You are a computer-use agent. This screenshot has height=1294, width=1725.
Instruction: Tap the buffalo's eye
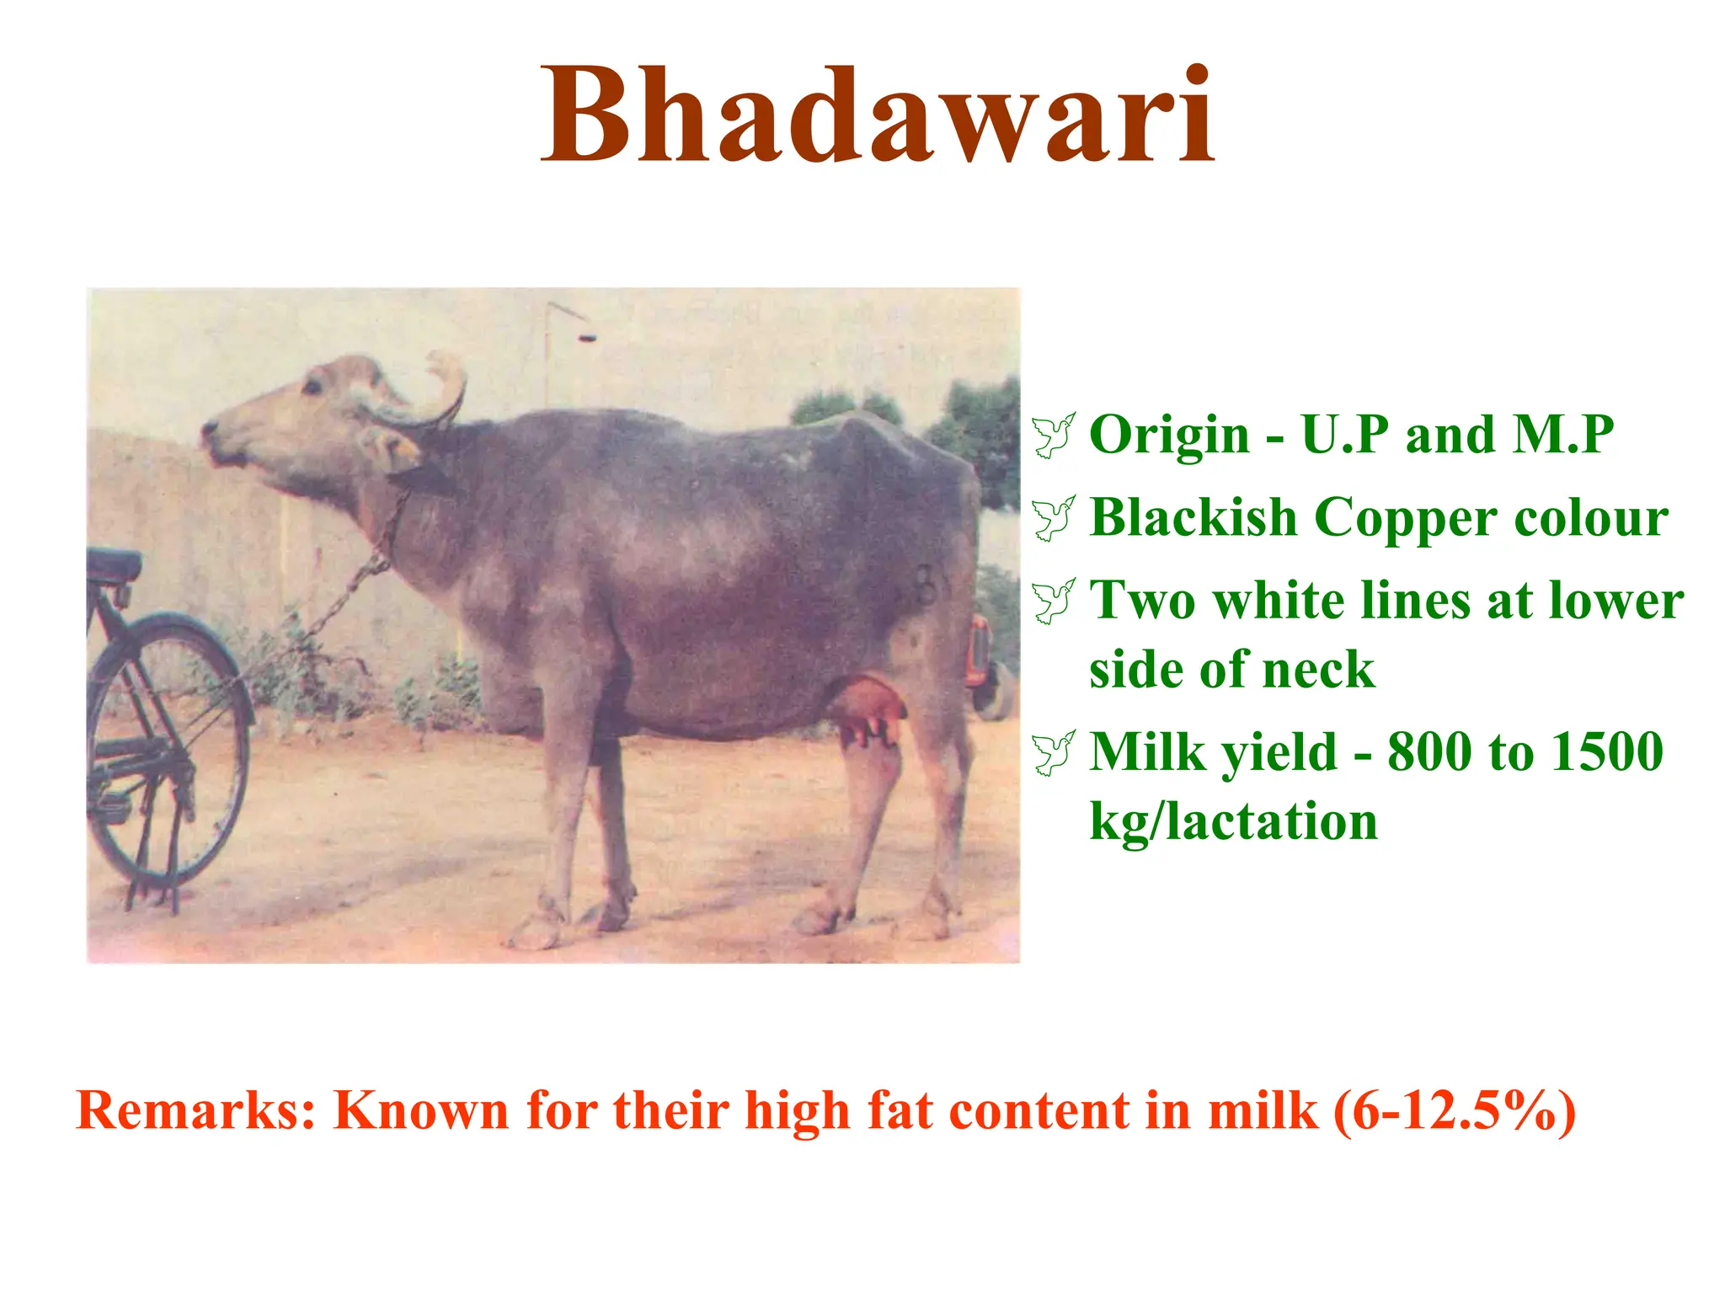[312, 386]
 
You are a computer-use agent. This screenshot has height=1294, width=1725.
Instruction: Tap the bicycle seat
[114, 563]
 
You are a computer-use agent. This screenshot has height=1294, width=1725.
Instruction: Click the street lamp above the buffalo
[586, 337]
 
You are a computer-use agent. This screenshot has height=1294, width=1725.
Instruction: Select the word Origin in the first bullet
[1169, 436]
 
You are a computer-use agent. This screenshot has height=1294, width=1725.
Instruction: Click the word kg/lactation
[1233, 821]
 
